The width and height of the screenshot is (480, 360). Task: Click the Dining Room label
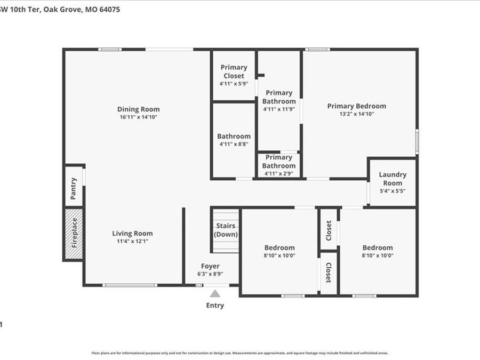point(139,109)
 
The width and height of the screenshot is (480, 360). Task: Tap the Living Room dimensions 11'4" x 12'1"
point(132,241)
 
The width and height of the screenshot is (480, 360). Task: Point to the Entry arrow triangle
point(215,293)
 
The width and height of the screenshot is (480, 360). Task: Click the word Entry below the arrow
point(215,306)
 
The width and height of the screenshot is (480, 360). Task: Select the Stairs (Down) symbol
point(226,230)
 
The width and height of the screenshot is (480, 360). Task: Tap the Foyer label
point(210,266)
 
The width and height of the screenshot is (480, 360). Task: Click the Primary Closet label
point(234,71)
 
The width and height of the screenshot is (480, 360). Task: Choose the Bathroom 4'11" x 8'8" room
point(234,140)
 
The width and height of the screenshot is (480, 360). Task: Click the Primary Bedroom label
point(357,106)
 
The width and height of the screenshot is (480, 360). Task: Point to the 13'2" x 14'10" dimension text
point(357,114)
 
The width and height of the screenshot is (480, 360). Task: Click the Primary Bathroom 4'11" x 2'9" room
point(279,162)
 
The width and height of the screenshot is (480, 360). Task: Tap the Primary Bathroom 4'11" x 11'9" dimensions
point(279,109)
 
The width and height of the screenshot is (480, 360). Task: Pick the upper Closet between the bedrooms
point(329,230)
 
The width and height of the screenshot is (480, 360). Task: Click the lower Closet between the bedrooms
point(329,273)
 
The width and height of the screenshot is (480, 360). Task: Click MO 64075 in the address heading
point(99,9)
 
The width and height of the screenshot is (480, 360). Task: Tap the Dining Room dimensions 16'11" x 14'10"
point(139,117)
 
